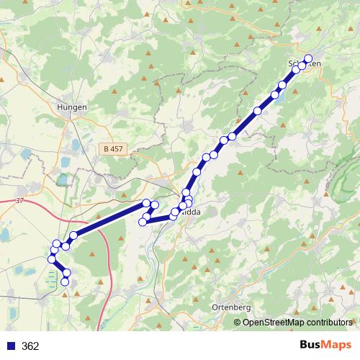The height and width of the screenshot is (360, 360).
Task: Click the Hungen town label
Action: click(71, 107)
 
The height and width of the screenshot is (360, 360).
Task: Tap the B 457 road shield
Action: click(112, 148)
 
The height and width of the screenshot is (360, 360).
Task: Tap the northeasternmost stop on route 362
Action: click(308, 59)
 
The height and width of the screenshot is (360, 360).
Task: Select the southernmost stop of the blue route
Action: click(65, 282)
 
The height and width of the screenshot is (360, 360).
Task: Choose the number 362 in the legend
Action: click(30, 346)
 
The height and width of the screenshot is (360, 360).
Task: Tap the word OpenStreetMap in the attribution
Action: click(274, 323)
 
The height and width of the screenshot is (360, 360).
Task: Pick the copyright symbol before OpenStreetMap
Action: click(238, 323)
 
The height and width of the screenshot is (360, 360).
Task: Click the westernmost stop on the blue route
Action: click(51, 259)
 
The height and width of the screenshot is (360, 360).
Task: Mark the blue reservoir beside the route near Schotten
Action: click(282, 91)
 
